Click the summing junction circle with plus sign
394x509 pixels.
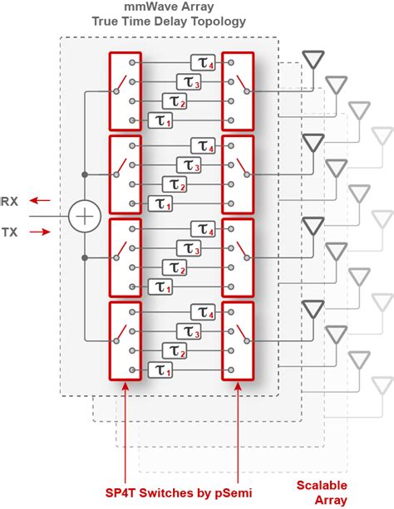tap(84, 216)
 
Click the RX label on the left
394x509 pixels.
tap(12, 199)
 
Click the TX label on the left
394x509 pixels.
tap(12, 233)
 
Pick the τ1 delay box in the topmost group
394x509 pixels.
tap(160, 120)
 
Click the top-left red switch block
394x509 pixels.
tap(125, 91)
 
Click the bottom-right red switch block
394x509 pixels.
tap(238, 340)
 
